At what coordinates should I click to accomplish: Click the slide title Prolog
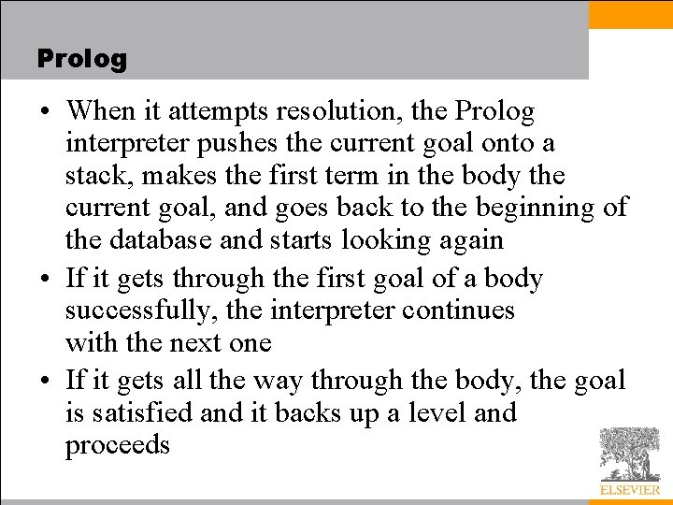[x=81, y=59]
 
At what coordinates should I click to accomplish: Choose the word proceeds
[x=117, y=445]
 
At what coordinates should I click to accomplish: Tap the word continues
[x=458, y=310]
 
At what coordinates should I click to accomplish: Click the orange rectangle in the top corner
[x=630, y=14]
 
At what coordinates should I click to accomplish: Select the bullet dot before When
[x=45, y=112]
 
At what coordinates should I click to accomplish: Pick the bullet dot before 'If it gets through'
[x=45, y=280]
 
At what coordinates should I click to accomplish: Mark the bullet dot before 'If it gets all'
[x=45, y=381]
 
